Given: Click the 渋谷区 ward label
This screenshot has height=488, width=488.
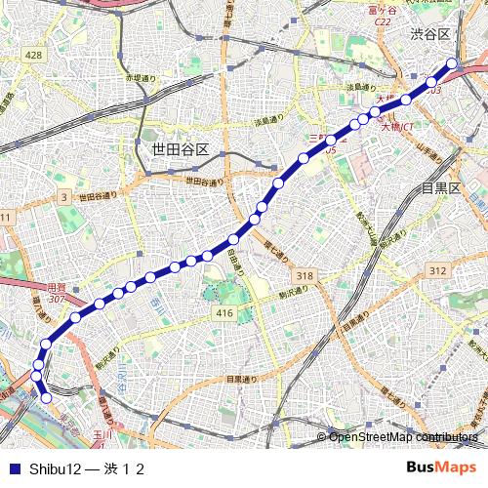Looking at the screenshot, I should coord(429,34).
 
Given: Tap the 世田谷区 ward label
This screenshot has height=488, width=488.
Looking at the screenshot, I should coord(181,149).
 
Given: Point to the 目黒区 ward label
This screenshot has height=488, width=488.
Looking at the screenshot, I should coord(440,187).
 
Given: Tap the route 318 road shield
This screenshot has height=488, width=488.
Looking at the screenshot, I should coord(305,277).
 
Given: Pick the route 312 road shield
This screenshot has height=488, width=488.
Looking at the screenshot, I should coord(437,270).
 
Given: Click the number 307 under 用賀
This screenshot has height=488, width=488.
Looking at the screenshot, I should coord(57,299).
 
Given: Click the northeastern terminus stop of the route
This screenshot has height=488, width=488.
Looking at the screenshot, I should coord(452,64).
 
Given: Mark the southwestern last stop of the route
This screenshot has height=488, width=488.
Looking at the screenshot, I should coord(45,396).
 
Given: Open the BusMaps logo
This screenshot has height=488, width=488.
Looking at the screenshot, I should coord(441,467).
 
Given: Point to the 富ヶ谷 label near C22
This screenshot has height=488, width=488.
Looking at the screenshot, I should coord(383,11).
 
